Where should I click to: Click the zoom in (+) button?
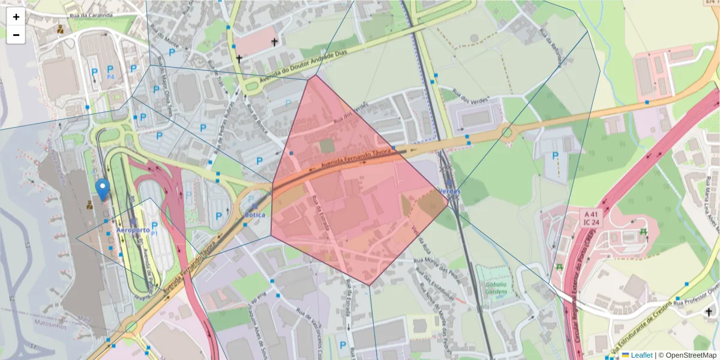(x=16, y=17)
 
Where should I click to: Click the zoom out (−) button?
(x=16, y=35)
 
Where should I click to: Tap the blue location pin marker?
(x=103, y=190)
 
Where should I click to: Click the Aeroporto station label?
(x=133, y=230)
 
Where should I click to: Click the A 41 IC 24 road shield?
(x=591, y=218)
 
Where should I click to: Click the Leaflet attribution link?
(x=641, y=355)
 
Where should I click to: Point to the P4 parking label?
(x=110, y=77)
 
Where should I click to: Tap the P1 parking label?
(x=154, y=232)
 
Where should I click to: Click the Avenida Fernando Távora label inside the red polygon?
(x=356, y=158)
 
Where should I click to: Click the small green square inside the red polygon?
(x=326, y=146)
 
